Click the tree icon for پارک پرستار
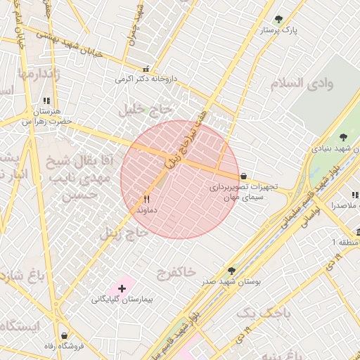279,20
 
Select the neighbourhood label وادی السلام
300,84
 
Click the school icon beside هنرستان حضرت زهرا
46,101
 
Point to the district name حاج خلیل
148,108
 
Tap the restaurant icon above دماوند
146,200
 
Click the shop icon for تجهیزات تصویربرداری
244,176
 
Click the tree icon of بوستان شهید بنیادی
343,138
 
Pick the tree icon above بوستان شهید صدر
231,270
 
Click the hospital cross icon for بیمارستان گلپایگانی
122,288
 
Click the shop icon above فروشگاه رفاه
65,335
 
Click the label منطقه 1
345,243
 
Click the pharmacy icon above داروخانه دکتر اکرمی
146,69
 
